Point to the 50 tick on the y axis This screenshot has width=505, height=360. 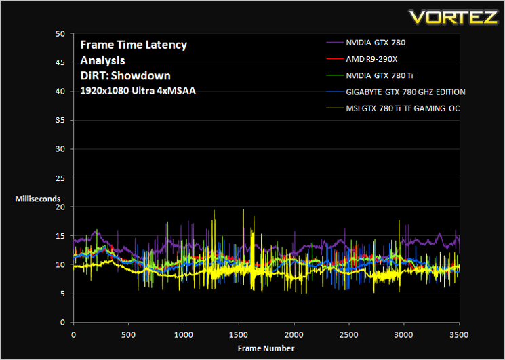click(x=61, y=33)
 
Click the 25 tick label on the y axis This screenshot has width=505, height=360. click(x=61, y=178)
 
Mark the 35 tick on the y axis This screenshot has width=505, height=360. click(x=61, y=120)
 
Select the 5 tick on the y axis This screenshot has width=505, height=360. click(x=63, y=294)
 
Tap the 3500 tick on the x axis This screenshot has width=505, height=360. click(x=459, y=334)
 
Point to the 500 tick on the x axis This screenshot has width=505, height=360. click(x=129, y=334)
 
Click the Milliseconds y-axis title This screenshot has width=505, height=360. click(x=38, y=199)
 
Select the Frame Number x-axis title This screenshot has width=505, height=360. click(x=266, y=348)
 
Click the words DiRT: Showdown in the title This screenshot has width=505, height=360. click(x=125, y=76)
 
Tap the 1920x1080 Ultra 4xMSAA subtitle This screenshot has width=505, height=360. click(x=138, y=91)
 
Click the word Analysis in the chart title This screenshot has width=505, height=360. click(x=102, y=61)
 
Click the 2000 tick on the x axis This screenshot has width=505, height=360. click(x=294, y=334)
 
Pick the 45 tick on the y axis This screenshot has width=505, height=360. click(x=61, y=62)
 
